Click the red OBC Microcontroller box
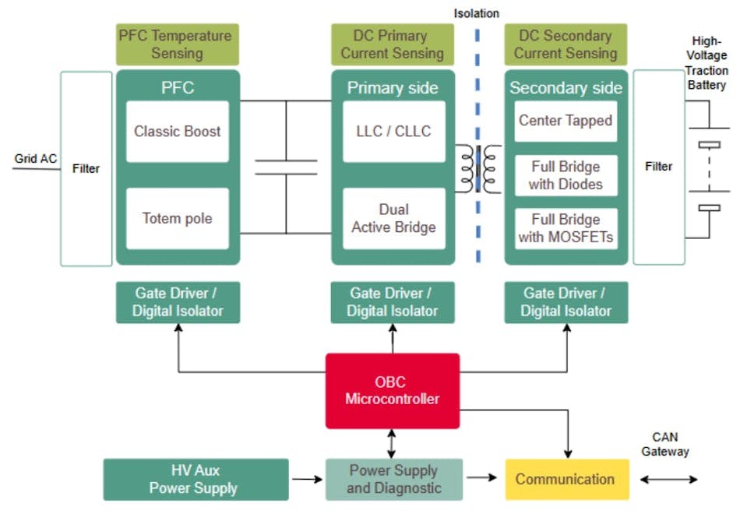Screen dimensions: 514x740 coord(392,391)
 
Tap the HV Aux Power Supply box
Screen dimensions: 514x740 coord(196,479)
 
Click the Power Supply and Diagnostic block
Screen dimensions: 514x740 coord(393,479)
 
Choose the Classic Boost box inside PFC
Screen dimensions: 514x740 coord(178,132)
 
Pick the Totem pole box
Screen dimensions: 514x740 coord(178,219)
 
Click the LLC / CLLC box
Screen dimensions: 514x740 coord(393,132)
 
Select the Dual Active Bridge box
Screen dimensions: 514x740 coord(393,219)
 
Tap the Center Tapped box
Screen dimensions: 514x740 coord(566,121)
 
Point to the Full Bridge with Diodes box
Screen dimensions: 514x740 coord(566,176)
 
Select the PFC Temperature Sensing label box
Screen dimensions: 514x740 coord(175,44)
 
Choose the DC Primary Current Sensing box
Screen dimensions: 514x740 coord(392,44)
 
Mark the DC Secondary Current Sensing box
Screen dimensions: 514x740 coord(566,44)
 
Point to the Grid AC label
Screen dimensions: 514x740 coord(35,159)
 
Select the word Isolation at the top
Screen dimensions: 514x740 coord(477,13)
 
